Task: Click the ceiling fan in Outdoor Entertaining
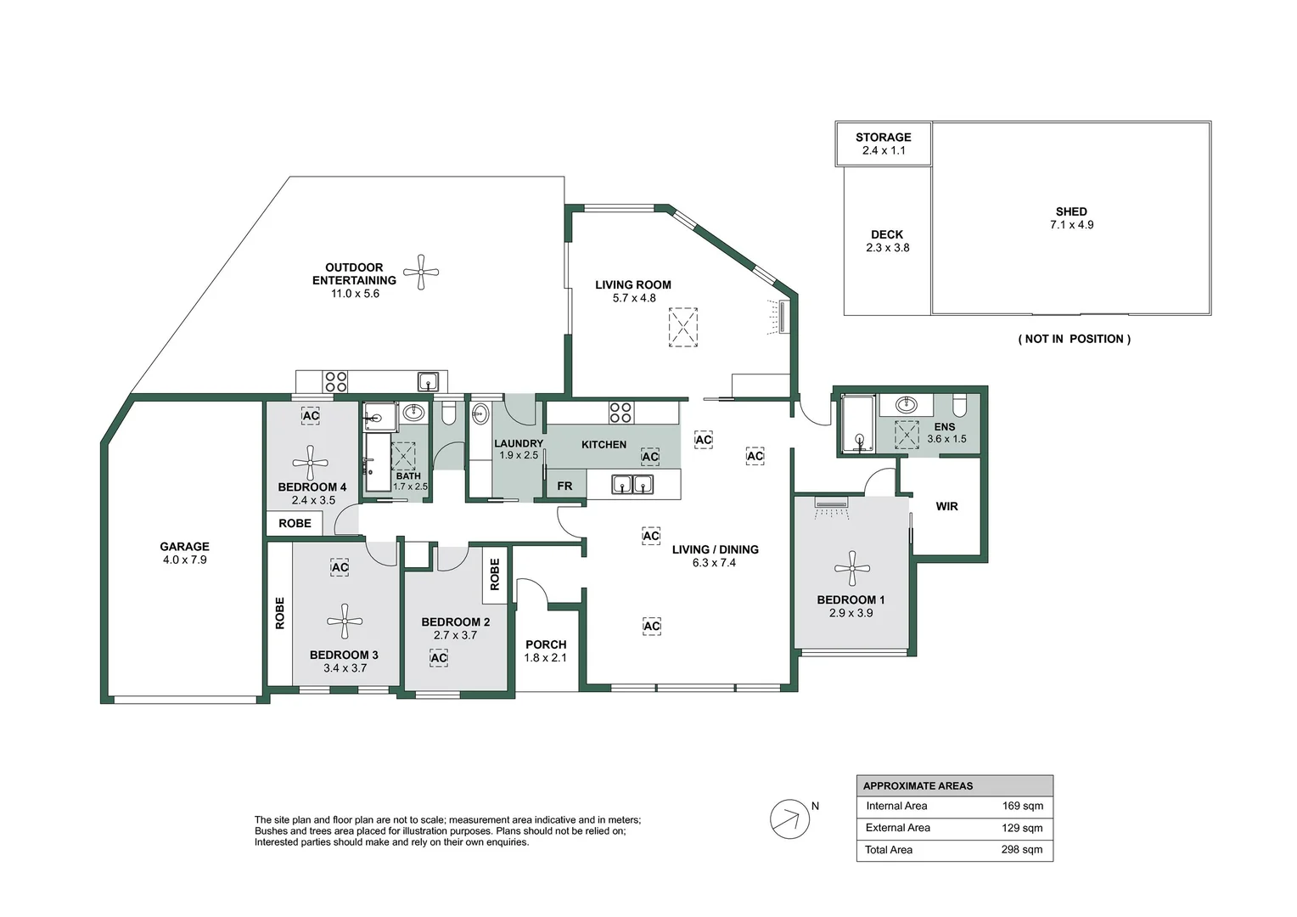point(421,272)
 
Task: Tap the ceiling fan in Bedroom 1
point(851,569)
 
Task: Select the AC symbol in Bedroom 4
point(311,415)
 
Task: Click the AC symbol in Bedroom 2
point(438,657)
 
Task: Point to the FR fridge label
point(564,486)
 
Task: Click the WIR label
point(946,506)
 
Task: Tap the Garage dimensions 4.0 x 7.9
point(185,560)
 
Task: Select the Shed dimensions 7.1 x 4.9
point(1072,225)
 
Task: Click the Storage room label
point(884,138)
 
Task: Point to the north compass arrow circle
point(789,819)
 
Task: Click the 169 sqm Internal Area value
point(1023,806)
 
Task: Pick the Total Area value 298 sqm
point(1022,850)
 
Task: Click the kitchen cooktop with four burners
point(620,413)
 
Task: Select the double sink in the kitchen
point(632,484)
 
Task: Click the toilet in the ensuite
point(960,405)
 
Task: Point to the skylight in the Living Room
point(683,327)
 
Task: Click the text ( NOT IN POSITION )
point(1074,339)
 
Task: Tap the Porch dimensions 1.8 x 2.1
point(546,657)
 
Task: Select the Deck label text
point(887,234)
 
